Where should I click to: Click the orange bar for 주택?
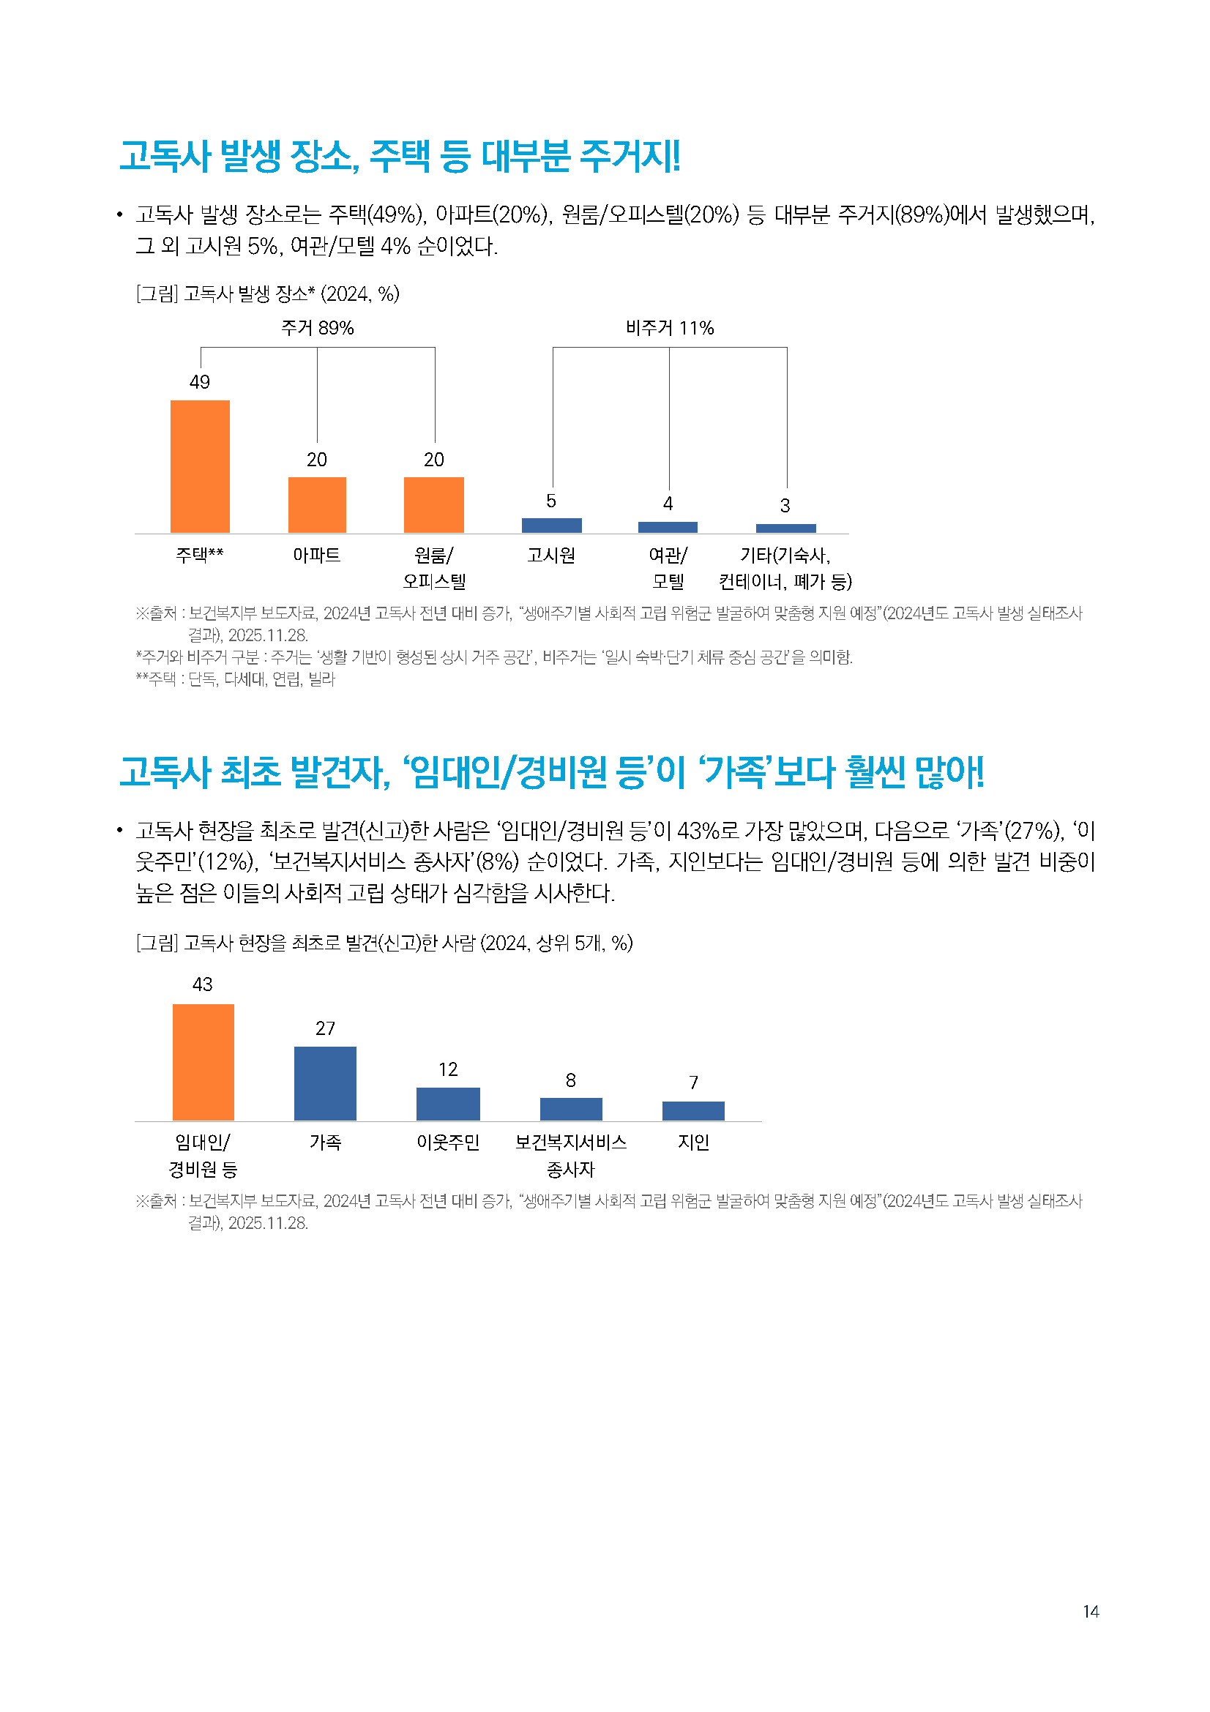200,466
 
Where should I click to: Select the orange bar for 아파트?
317,505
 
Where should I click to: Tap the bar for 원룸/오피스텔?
434,505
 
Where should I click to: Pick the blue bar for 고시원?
552,526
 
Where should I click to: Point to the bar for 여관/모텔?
668,527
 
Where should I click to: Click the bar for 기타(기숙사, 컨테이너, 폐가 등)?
785,528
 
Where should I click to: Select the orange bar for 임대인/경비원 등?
203,1062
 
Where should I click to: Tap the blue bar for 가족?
325,1083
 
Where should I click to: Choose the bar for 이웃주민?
448,1104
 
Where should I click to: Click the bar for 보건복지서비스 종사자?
571,1109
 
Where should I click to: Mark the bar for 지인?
693,1110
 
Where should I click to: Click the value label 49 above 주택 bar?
200,383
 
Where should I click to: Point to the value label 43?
203,985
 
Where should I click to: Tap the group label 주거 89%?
318,328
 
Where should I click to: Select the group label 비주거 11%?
670,328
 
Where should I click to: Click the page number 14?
1091,1612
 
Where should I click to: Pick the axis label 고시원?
552,556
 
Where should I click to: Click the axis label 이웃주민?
448,1143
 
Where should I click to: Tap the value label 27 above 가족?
326,1029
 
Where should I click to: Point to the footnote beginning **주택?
236,679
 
